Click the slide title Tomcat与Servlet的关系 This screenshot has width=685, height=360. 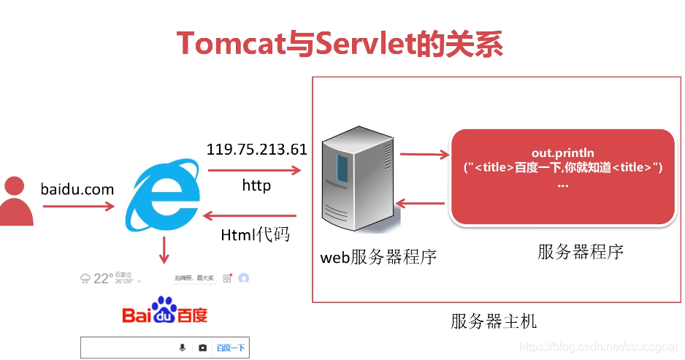pyautogui.click(x=340, y=44)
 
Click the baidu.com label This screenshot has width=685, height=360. pyautogui.click(x=77, y=189)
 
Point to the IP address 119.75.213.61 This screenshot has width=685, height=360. pyautogui.click(x=256, y=150)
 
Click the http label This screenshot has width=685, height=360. pyautogui.click(x=256, y=185)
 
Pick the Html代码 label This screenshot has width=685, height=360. pyautogui.click(x=255, y=234)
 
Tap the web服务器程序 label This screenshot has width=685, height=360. pyautogui.click(x=378, y=257)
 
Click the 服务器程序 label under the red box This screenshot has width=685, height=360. pyautogui.click(x=581, y=252)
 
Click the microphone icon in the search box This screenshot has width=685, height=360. pyautogui.click(x=183, y=348)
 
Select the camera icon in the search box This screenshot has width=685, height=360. pyautogui.click(x=202, y=348)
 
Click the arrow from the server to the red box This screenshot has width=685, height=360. pyautogui.click(x=424, y=154)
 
